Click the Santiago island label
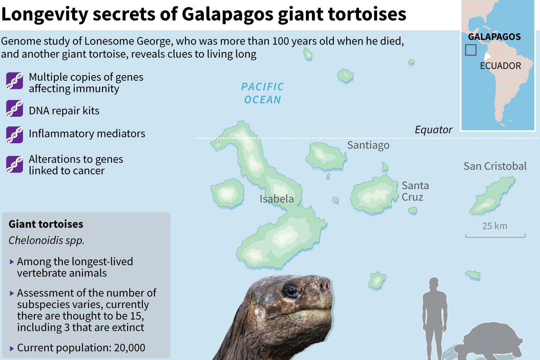pyautogui.click(x=368, y=145)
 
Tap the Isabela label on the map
pyautogui.click(x=276, y=199)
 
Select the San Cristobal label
pyautogui.click(x=495, y=166)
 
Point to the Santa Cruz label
pyautogui.click(x=415, y=191)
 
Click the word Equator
pyautogui.click(x=433, y=130)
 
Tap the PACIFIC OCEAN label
pyautogui.click(x=262, y=93)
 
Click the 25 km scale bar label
pyautogui.click(x=494, y=226)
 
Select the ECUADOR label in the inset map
pyautogui.click(x=500, y=66)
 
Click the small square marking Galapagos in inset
pyautogui.click(x=471, y=50)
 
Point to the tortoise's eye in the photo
pyautogui.click(x=291, y=291)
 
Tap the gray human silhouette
pyautogui.click(x=434, y=316)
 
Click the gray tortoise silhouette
pyautogui.click(x=492, y=341)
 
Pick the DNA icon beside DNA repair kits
pyautogui.click(x=15, y=109)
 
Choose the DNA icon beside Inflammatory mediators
pyautogui.click(x=15, y=135)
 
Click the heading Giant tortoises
pyautogui.click(x=46, y=224)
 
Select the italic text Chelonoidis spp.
pyautogui.click(x=46, y=240)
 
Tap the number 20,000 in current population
pyautogui.click(x=130, y=348)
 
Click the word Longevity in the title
pyautogui.click(x=45, y=14)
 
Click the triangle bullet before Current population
pyautogui.click(x=12, y=348)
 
